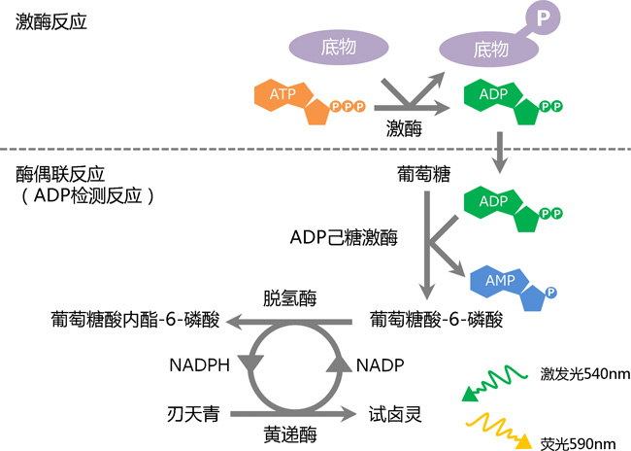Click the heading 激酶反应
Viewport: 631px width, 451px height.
51,21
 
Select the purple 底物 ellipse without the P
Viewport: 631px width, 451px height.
339,48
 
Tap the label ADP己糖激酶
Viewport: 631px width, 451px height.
344,236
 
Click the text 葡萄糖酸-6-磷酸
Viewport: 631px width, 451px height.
437,319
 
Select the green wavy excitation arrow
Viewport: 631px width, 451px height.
496,382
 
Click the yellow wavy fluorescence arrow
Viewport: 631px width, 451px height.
496,428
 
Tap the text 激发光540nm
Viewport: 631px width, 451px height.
577,374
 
